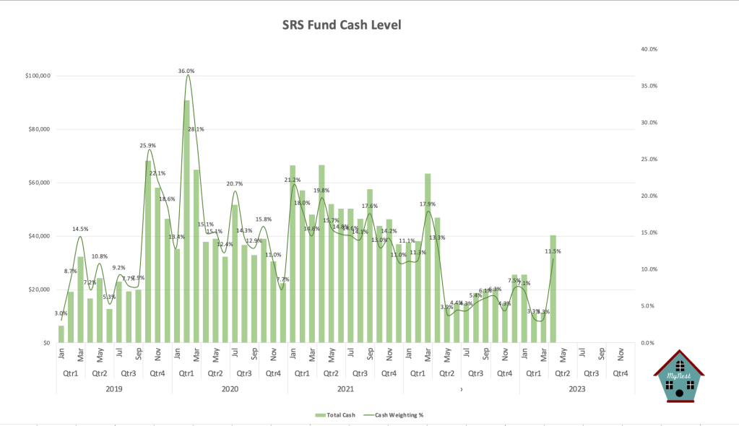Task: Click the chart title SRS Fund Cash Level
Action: tap(341, 25)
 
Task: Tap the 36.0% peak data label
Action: tap(186, 71)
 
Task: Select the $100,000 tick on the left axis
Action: tap(37, 76)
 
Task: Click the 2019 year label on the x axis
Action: tap(114, 389)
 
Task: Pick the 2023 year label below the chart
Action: tap(576, 389)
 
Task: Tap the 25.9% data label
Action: tap(148, 145)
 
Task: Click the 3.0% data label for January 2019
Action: tap(61, 313)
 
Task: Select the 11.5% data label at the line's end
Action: tap(553, 251)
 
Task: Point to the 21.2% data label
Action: tap(293, 180)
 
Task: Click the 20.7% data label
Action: tap(234, 184)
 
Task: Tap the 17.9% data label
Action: tap(428, 204)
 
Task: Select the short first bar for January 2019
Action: tap(61, 334)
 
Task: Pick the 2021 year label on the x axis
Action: tap(345, 389)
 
